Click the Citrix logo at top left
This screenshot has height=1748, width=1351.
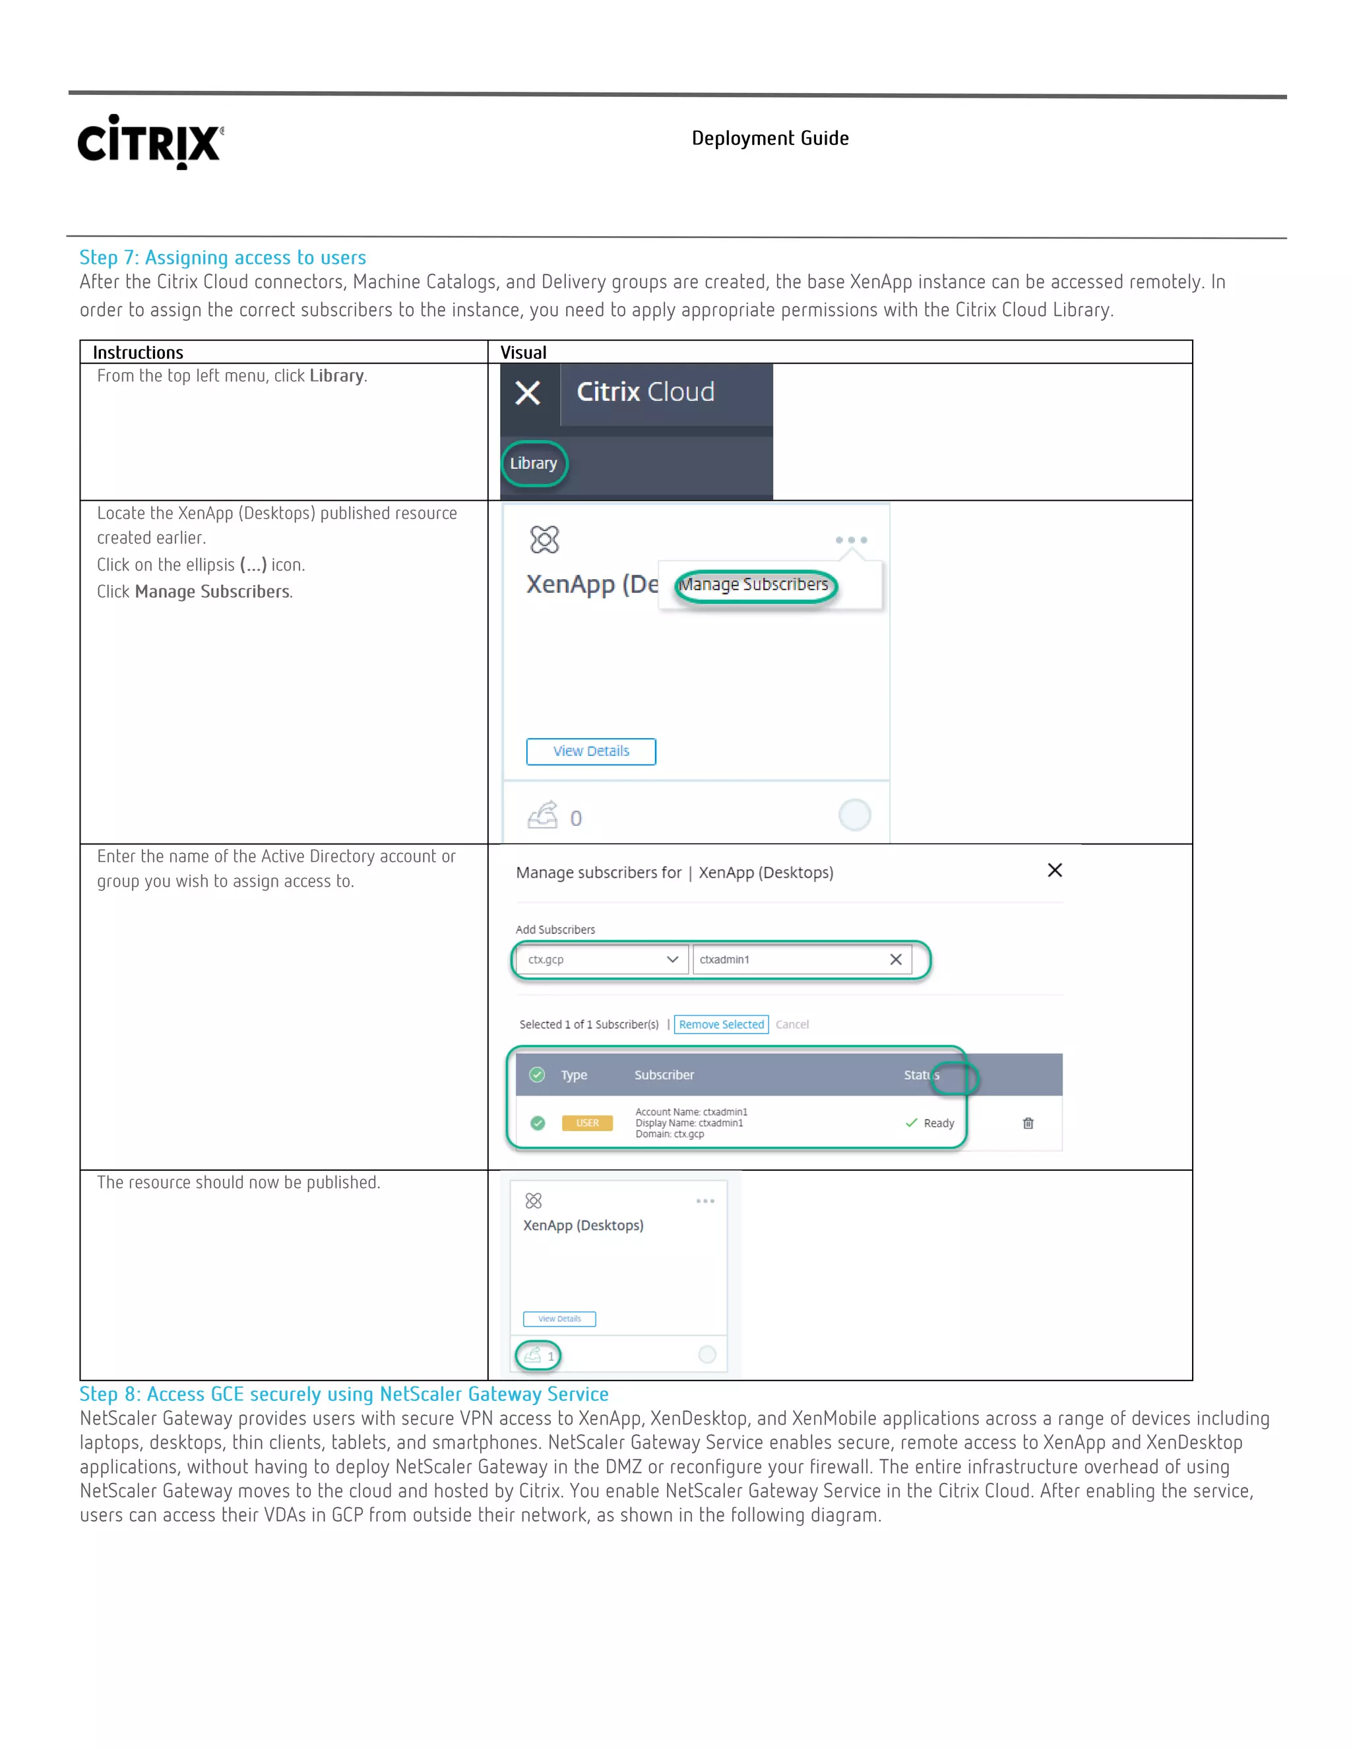pos(150,142)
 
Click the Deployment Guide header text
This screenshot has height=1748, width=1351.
pos(769,139)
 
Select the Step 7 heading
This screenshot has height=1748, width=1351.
pos(222,258)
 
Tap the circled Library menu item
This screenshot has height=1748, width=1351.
pos(534,464)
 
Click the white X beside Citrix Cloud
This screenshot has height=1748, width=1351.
pos(528,393)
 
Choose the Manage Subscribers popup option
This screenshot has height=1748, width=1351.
pos(754,585)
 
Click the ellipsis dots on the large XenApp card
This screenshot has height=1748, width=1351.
pos(851,540)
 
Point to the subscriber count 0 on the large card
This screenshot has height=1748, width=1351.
pos(575,818)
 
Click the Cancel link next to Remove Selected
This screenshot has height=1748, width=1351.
pos(792,1024)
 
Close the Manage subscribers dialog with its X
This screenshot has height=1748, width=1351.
pos(1054,870)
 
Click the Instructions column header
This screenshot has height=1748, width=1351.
pos(138,352)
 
